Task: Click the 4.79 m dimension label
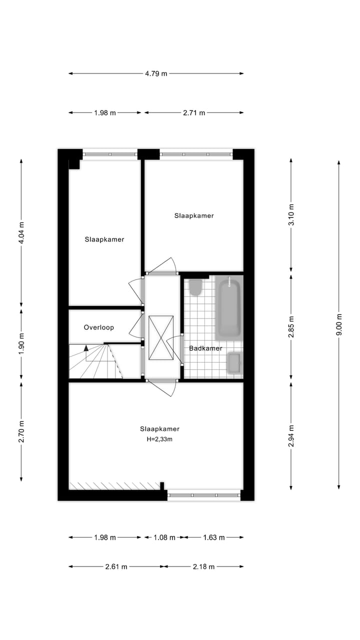tap(156, 73)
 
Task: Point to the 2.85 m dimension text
tap(291, 326)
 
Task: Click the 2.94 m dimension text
tap(291, 435)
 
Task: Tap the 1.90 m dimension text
tap(21, 344)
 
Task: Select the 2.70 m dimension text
tap(21, 431)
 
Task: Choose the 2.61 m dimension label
tap(116, 566)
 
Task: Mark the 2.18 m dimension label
tap(203, 566)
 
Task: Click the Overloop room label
tap(98, 327)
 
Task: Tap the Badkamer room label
tap(205, 348)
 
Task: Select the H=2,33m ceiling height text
tap(159, 439)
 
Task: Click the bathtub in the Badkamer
tap(228, 307)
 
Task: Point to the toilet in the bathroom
tap(195, 287)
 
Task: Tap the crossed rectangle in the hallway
tap(161, 338)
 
